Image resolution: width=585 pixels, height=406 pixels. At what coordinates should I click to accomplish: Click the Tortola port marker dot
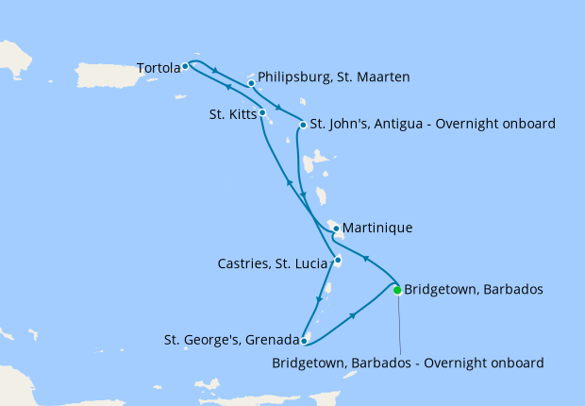[186, 67]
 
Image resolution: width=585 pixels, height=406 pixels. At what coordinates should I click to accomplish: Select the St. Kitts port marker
[262, 113]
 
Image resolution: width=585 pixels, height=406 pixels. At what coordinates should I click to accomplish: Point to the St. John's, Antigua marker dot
[302, 125]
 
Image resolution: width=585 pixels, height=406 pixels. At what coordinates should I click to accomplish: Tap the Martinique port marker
[336, 228]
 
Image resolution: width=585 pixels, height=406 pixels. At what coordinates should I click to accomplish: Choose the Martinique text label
[378, 228]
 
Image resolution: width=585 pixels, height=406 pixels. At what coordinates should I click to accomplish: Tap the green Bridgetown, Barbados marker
[397, 290]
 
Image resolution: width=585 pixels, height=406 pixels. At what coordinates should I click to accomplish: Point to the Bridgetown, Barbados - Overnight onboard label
[408, 362]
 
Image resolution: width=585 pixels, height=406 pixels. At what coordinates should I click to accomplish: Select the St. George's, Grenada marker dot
[304, 341]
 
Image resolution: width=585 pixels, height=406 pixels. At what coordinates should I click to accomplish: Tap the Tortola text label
[157, 68]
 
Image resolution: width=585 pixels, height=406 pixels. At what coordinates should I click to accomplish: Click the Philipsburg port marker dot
[252, 83]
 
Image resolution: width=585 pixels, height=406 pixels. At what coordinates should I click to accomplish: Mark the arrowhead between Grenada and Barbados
[353, 315]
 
